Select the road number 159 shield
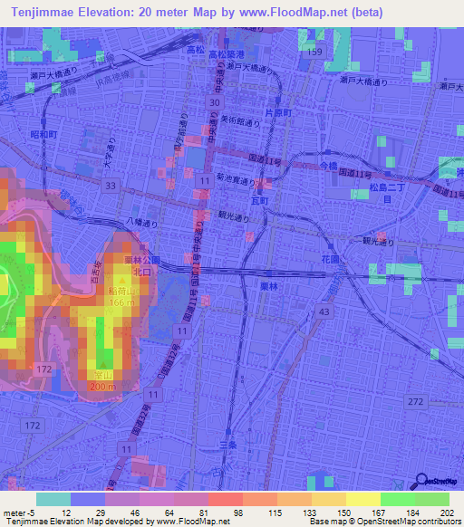[x=314, y=53]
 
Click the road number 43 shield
[x=323, y=312]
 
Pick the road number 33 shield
[x=110, y=185]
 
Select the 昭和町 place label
[x=42, y=134]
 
